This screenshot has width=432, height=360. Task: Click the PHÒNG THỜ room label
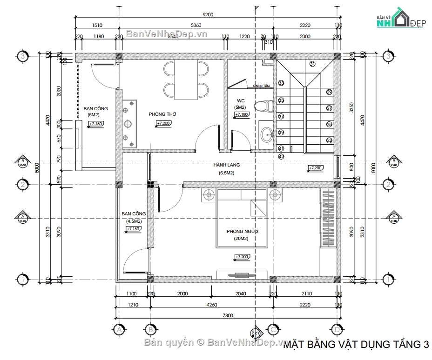162,114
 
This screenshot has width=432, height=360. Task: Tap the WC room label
240,100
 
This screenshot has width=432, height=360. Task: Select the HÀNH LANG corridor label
227,165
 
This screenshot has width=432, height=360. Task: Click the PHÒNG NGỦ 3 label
241,231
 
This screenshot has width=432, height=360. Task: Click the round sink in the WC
267,135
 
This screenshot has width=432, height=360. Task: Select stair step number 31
312,64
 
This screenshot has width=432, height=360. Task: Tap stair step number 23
330,140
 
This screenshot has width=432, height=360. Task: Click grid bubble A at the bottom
119,330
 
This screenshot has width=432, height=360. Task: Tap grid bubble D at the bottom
336,330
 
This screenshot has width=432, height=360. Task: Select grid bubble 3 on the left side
22,56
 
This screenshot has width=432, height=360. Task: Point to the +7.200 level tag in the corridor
315,168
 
